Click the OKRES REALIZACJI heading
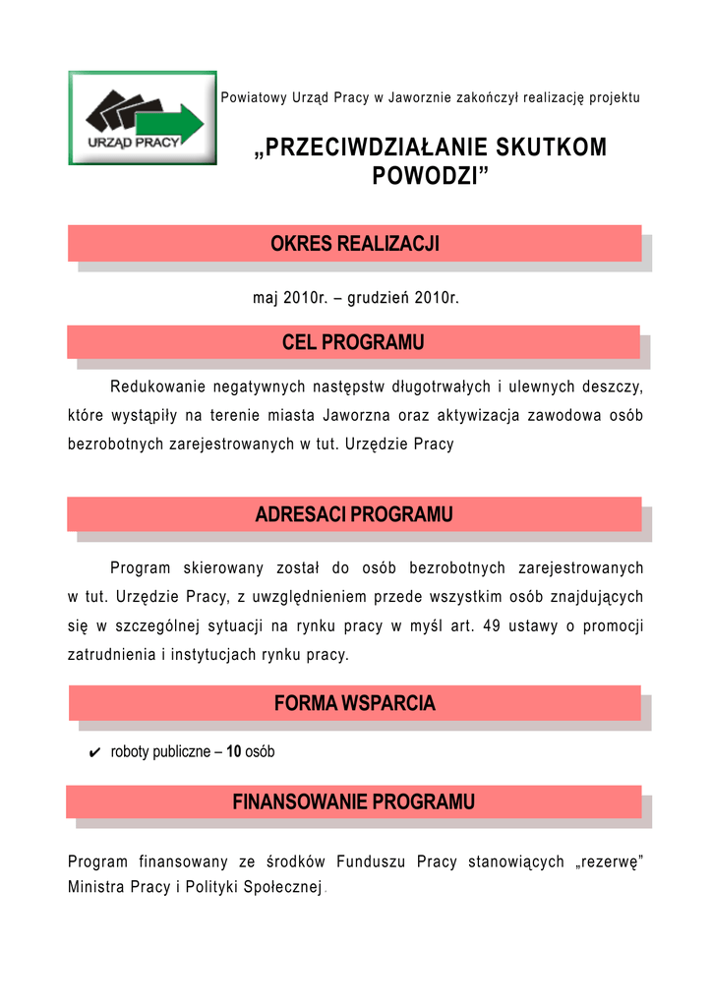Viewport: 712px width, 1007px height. coord(354,244)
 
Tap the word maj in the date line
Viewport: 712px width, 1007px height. coord(266,298)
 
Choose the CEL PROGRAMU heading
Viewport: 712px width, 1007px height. coord(353,342)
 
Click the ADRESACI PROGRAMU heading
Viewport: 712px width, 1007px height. coord(354,514)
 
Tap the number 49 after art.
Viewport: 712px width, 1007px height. coord(493,625)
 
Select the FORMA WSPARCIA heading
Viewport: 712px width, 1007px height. coord(354,703)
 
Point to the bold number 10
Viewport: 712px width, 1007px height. coord(234,752)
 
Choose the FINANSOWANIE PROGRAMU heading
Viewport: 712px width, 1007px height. coord(354,802)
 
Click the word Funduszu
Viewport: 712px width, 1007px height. coord(369,862)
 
